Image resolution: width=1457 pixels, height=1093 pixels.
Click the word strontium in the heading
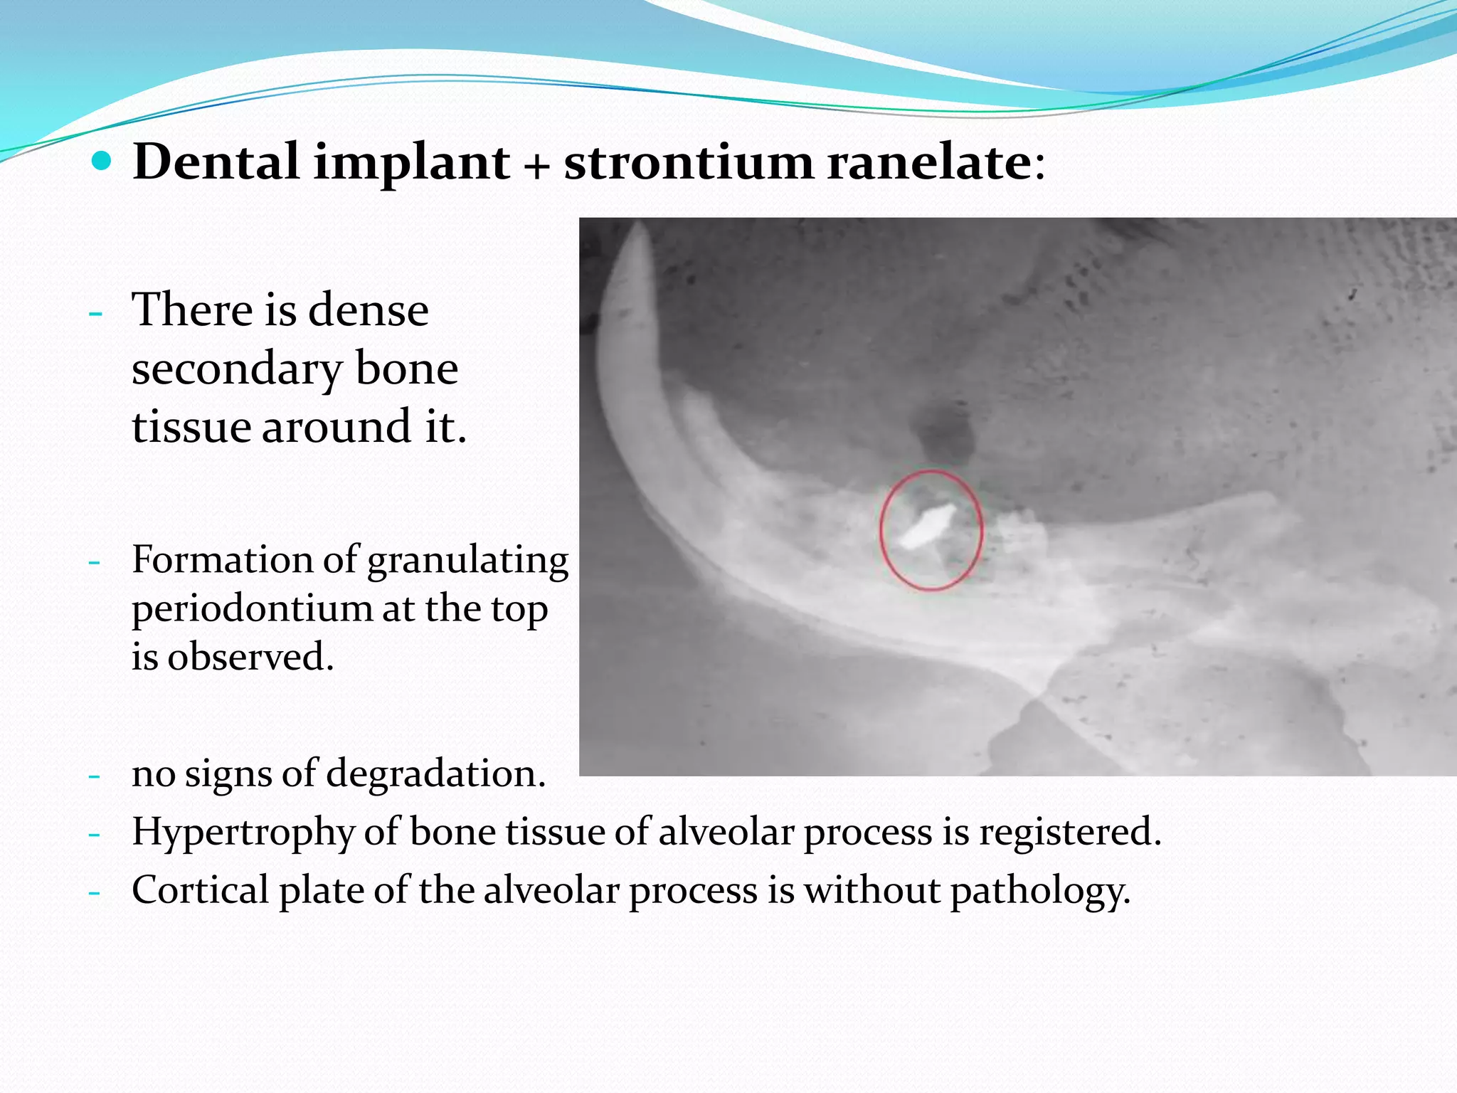tap(688, 162)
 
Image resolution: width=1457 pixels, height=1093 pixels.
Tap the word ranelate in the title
tap(929, 162)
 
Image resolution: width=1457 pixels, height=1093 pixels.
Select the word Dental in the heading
tap(216, 162)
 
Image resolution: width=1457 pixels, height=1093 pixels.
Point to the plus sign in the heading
tap(537, 165)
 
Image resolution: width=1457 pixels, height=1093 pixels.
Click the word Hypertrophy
tap(243, 833)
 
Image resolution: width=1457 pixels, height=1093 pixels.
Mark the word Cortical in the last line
tap(200, 890)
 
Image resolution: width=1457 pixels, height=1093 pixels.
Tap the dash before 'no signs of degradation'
tap(94, 775)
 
